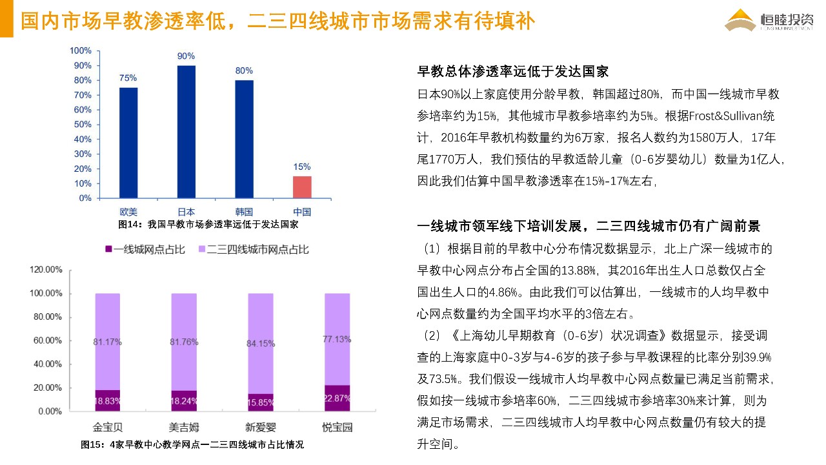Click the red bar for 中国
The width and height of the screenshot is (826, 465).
click(302, 187)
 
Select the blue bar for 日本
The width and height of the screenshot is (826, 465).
click(186, 132)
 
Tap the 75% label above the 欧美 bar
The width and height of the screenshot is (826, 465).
click(128, 78)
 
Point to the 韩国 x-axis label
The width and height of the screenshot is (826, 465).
click(244, 212)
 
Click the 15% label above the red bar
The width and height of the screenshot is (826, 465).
click(302, 167)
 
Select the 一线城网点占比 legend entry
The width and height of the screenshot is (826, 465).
click(145, 249)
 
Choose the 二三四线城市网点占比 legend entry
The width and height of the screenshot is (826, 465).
click(252, 249)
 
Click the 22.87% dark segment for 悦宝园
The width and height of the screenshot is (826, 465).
click(336, 398)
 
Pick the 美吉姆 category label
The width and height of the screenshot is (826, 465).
click(184, 427)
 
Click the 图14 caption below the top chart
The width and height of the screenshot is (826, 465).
click(208, 225)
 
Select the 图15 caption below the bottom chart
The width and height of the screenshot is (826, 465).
click(192, 445)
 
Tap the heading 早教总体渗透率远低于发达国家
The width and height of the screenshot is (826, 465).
click(513, 72)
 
